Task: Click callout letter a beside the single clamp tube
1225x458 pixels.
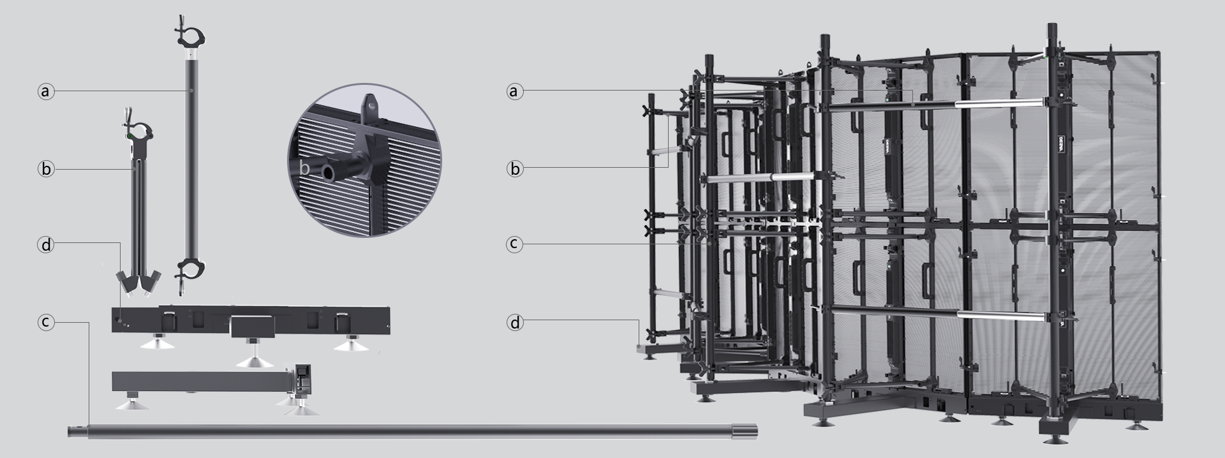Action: [45, 92]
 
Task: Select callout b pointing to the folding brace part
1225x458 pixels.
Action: [45, 169]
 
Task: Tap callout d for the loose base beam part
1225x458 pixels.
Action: [45, 245]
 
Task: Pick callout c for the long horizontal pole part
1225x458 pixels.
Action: [45, 323]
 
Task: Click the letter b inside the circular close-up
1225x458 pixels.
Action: [305, 169]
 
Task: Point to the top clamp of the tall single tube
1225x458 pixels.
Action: [190, 35]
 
